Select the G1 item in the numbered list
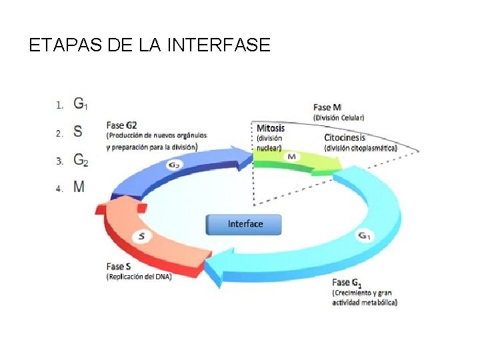[x=80, y=104]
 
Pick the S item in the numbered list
[x=78, y=132]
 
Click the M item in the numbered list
[x=79, y=187]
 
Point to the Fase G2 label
[x=122, y=124]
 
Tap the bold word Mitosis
[x=271, y=128]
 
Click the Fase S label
[x=119, y=266]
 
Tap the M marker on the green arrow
[x=291, y=157]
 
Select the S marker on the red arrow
[x=141, y=235]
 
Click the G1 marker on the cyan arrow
[x=364, y=235]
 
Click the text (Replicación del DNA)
[x=139, y=277]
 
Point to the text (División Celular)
[x=339, y=118]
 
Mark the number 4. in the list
[x=59, y=188]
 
